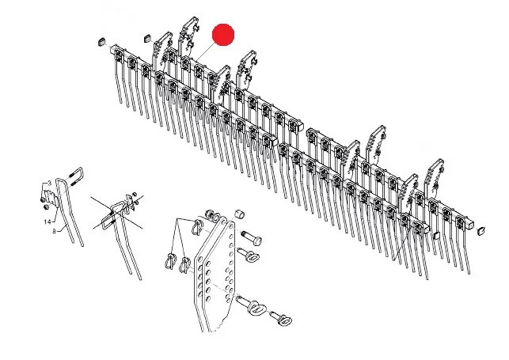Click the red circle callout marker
[x=223, y=35]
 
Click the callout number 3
[x=49, y=184]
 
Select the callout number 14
[x=47, y=222]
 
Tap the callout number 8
[x=54, y=231]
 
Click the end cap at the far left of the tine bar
[x=102, y=42]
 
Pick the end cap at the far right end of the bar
[x=481, y=230]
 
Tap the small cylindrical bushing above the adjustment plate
[x=240, y=214]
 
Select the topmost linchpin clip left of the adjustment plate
[x=199, y=225]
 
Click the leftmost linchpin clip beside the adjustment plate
[x=170, y=260]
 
